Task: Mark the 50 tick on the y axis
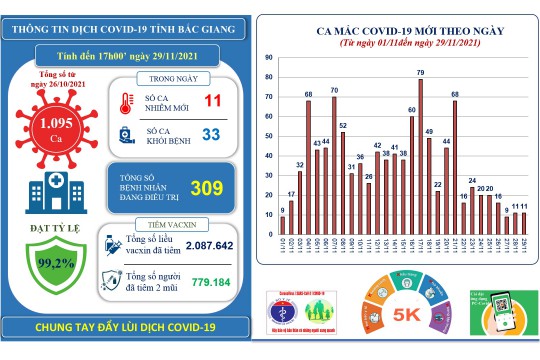270,136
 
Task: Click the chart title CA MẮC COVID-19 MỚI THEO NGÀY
395,32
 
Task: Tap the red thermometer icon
124,101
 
